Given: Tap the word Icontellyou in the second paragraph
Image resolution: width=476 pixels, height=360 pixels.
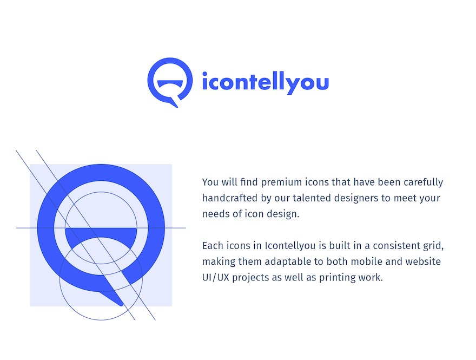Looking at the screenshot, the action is tap(290, 246).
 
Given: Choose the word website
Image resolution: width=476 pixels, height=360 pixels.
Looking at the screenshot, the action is tap(423, 261).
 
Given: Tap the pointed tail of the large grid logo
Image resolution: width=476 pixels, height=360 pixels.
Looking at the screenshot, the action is tap(121, 303).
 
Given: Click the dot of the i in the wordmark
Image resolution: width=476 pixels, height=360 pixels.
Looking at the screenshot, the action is tap(204, 74).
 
